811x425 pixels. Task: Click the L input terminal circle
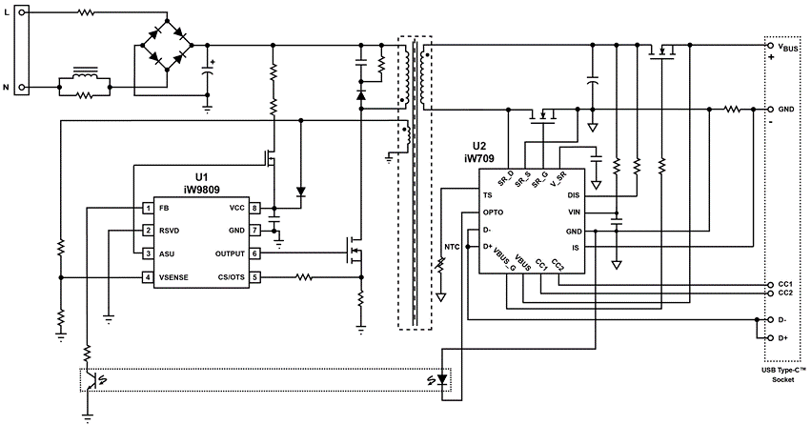21,13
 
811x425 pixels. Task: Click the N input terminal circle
21,88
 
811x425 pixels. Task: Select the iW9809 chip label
202,190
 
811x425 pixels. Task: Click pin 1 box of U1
148,209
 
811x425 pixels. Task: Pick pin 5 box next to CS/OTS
254,277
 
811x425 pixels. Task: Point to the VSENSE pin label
173,277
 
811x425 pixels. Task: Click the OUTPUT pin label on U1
230,253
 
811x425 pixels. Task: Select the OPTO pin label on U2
493,212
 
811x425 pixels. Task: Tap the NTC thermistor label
452,247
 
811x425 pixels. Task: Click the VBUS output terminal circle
769,46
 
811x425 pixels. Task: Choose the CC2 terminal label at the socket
784,293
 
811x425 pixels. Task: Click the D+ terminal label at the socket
782,338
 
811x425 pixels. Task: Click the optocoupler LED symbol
441,380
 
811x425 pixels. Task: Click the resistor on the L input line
86,13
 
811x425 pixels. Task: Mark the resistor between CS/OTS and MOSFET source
304,277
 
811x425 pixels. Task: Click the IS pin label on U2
576,248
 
